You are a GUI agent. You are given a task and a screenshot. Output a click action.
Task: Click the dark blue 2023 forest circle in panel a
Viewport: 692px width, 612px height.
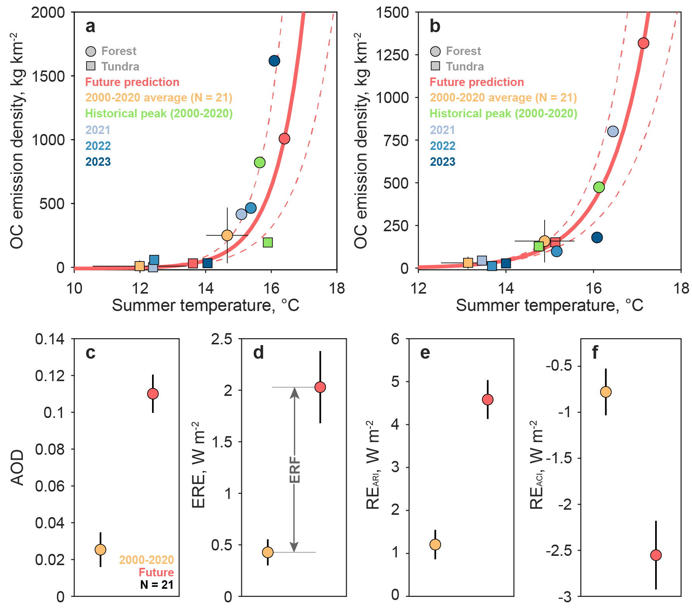(x=274, y=61)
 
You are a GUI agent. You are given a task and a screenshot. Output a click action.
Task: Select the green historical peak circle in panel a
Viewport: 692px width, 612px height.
(x=260, y=162)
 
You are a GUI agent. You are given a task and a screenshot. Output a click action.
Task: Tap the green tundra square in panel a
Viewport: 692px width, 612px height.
(x=268, y=242)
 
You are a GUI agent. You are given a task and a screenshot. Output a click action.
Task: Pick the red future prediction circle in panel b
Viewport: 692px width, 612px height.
(x=644, y=43)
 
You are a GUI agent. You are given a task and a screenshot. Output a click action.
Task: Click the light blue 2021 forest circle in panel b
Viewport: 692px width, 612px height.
(x=613, y=131)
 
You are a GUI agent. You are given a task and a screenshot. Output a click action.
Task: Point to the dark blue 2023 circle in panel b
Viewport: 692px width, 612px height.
(x=597, y=237)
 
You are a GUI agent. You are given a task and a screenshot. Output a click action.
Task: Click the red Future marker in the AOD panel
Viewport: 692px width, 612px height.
(x=153, y=394)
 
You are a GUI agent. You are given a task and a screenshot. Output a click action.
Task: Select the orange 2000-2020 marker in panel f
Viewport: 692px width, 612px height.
(x=606, y=392)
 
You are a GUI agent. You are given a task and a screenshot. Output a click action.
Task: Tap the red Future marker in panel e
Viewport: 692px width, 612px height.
(x=488, y=399)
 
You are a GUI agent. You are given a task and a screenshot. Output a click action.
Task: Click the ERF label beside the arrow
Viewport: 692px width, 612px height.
(x=295, y=469)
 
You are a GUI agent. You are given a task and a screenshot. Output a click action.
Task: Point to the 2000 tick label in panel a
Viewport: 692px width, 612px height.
(x=48, y=13)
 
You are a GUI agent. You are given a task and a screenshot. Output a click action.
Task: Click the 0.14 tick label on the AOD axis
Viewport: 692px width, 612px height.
(x=50, y=339)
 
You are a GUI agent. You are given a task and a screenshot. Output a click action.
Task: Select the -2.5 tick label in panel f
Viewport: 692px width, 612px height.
(x=559, y=550)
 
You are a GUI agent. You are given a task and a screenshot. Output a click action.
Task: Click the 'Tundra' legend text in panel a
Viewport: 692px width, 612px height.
(x=120, y=67)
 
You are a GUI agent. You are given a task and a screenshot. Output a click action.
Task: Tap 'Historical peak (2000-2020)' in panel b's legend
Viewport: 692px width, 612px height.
(x=503, y=113)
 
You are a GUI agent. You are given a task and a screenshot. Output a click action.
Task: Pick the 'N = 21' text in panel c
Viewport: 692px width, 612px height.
(x=157, y=584)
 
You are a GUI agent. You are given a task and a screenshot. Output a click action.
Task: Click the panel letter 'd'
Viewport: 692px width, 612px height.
(x=258, y=353)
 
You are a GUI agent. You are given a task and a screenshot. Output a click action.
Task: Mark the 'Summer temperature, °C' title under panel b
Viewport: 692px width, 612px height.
(x=549, y=305)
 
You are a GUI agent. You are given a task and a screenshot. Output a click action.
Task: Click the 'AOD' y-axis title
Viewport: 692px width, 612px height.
(x=17, y=468)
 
